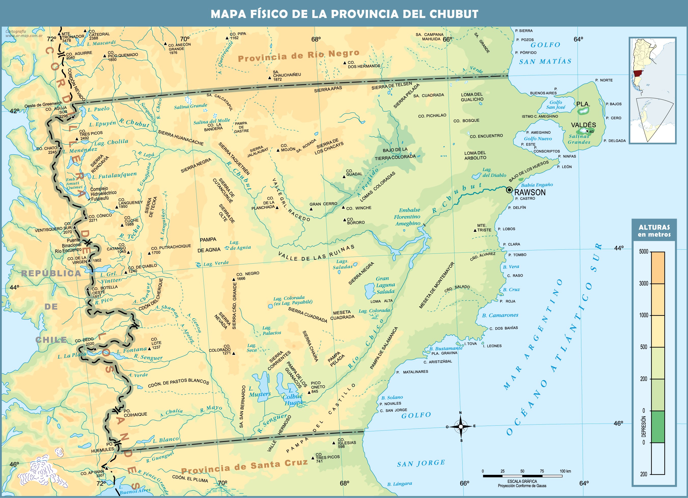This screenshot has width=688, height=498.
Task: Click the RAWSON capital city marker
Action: tap(509, 190)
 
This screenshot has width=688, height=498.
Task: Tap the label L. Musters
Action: tap(259, 392)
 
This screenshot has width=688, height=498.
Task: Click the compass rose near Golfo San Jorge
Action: tap(460, 426)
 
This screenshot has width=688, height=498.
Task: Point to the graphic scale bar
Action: tap(522, 476)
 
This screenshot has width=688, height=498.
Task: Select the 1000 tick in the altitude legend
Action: tap(657, 315)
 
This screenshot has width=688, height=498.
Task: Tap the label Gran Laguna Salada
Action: tap(385, 285)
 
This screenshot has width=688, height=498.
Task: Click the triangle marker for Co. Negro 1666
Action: tap(234, 279)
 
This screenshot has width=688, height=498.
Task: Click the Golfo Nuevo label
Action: tap(538, 139)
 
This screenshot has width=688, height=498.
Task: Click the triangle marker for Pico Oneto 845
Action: tap(309, 392)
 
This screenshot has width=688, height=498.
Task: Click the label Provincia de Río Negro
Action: tap(298, 56)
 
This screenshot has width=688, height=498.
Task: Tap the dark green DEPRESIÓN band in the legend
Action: tap(657, 426)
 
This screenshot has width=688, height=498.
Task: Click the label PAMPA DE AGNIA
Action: tap(209, 245)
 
